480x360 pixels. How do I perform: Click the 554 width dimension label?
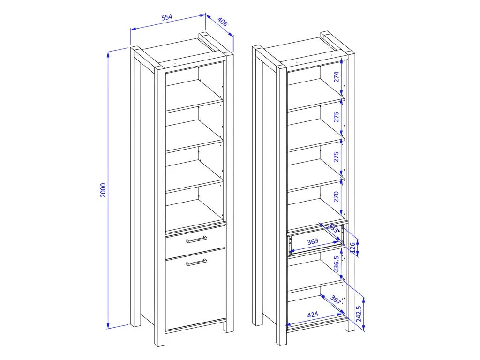click(x=167, y=17)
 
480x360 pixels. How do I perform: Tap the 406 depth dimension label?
click(x=223, y=22)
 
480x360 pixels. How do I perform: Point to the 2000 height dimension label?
click(x=103, y=190)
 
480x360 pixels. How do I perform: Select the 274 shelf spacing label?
click(x=337, y=77)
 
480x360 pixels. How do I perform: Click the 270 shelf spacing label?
click(x=337, y=196)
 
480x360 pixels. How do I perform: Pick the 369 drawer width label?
click(x=313, y=241)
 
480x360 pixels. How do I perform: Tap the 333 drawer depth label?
click(x=333, y=228)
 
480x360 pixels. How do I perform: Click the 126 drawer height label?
click(x=352, y=247)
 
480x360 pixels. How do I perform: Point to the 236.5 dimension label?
click(x=337, y=264)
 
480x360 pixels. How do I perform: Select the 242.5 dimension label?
click(x=359, y=314)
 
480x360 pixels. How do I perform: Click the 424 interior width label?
click(x=313, y=315)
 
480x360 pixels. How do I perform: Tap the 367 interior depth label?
click(x=336, y=300)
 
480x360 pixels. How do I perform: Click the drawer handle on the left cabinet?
click(x=196, y=239)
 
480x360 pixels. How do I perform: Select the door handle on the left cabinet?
click(x=196, y=262)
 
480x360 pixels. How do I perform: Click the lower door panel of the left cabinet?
click(x=195, y=289)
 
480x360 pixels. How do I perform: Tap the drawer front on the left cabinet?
click(x=195, y=242)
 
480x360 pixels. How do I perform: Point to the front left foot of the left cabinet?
click(x=159, y=340)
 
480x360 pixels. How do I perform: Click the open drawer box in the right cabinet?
click(x=315, y=244)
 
